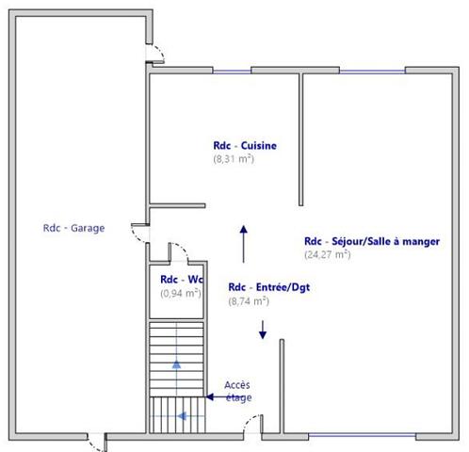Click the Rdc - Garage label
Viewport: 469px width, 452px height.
73,228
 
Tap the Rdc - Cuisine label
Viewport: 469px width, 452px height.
244,146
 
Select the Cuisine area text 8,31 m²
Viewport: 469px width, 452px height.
234,160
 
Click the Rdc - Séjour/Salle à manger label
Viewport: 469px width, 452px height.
371,241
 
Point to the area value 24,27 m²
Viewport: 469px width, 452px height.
327,254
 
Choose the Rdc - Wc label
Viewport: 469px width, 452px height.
182,280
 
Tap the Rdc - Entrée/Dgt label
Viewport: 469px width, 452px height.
268,288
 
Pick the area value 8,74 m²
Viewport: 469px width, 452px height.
249,302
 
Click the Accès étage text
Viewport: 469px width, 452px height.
237,391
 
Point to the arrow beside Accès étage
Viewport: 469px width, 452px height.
214,397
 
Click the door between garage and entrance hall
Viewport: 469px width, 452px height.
139,232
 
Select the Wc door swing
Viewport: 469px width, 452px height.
177,250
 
